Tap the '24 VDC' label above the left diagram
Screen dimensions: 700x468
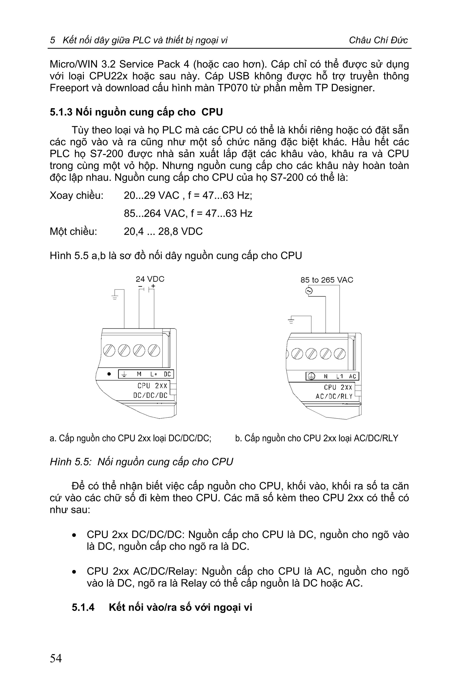[x=150, y=279]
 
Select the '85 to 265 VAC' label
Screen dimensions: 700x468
[x=327, y=280]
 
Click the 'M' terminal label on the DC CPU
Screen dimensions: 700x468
[x=139, y=374]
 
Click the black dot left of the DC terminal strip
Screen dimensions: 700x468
[x=109, y=374]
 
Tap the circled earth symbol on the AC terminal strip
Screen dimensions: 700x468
[x=311, y=376]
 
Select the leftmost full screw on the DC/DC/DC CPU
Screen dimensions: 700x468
[x=109, y=350]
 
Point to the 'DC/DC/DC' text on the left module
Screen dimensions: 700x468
[x=150, y=395]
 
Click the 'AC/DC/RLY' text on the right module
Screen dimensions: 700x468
[x=334, y=396]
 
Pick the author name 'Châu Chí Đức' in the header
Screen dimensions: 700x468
[x=378, y=40]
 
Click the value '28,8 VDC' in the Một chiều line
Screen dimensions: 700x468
[x=180, y=231]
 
